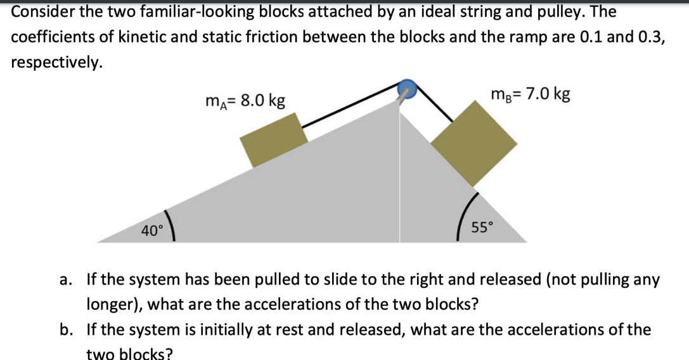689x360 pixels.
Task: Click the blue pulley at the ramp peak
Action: click(x=406, y=89)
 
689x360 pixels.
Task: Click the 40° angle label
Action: click(x=151, y=231)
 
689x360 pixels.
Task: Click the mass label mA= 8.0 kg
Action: click(x=245, y=101)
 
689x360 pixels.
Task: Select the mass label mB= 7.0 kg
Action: click(x=530, y=95)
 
